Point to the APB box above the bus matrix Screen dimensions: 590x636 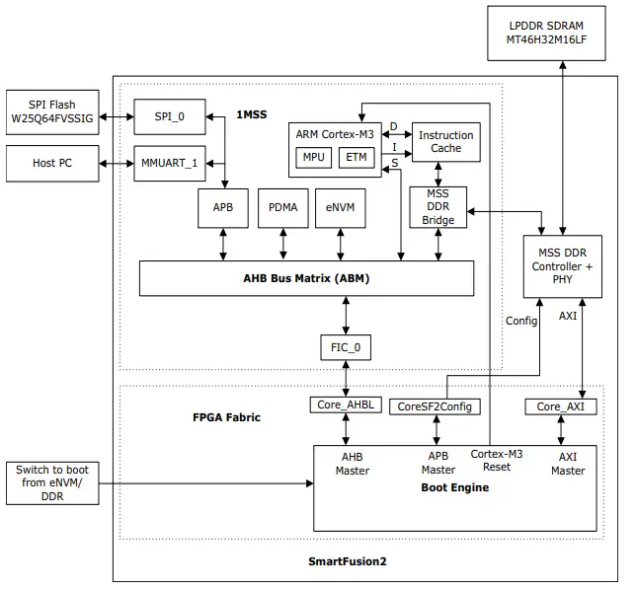(223, 207)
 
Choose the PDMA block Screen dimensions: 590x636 (282, 207)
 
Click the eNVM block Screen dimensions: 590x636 (342, 207)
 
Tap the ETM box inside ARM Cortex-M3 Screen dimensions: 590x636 (357, 158)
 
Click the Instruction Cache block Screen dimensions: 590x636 (445, 142)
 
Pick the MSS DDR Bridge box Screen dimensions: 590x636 (437, 206)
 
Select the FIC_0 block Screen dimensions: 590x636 (346, 347)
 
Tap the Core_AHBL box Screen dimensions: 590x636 (346, 405)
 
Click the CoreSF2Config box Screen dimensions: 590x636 (436, 406)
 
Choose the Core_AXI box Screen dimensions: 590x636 (560, 406)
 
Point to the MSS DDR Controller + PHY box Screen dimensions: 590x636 (562, 266)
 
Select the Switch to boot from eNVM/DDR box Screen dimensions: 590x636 (52, 481)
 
